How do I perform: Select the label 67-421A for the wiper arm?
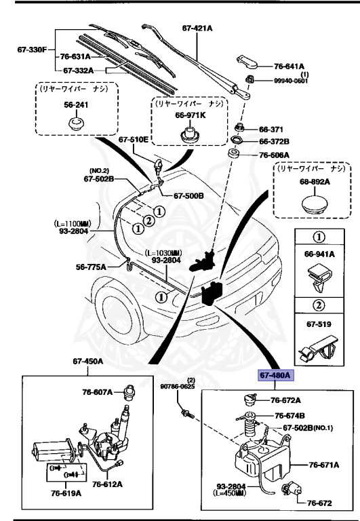[198, 28]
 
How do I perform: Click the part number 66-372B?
[275, 141]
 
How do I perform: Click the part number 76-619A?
[64, 493]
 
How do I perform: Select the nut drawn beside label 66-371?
[239, 128]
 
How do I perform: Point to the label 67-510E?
[133, 140]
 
